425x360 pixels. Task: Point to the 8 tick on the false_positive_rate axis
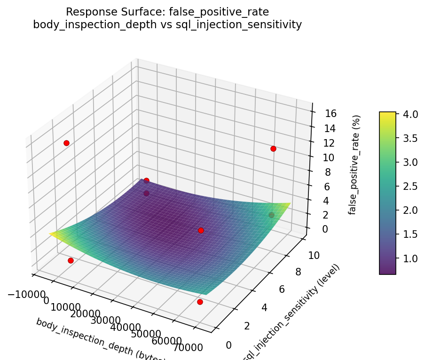[320, 172]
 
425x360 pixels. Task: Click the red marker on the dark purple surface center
[201, 230]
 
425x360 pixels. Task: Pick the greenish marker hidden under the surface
[271, 215]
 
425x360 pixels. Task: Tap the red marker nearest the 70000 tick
[200, 302]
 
